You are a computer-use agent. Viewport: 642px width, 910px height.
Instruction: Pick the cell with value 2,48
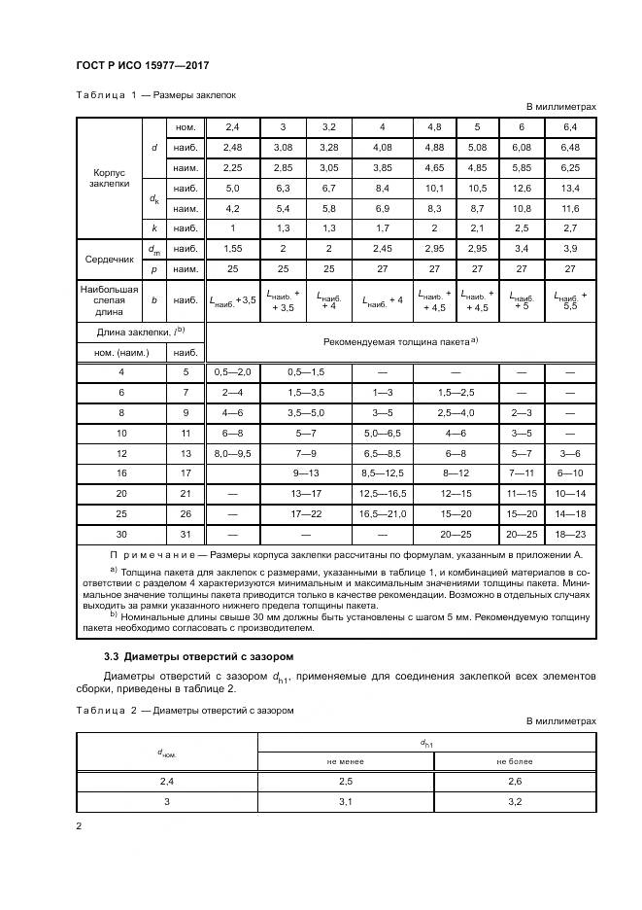click(232, 147)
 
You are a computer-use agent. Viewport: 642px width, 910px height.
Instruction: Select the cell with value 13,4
click(570, 188)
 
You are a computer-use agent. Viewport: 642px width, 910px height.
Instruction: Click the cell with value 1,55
click(232, 249)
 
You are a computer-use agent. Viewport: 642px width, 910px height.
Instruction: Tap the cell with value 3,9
click(570, 249)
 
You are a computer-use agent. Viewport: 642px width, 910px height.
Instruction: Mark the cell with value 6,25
click(570, 167)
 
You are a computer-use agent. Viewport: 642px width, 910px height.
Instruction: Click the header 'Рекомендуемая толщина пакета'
click(399, 342)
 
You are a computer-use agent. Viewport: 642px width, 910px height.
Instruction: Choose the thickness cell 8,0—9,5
click(232, 453)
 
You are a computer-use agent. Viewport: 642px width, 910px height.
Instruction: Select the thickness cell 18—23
click(570, 535)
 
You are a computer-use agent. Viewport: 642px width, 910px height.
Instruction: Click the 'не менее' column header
click(345, 762)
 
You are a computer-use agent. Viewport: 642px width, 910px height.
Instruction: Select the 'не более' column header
click(515, 762)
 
